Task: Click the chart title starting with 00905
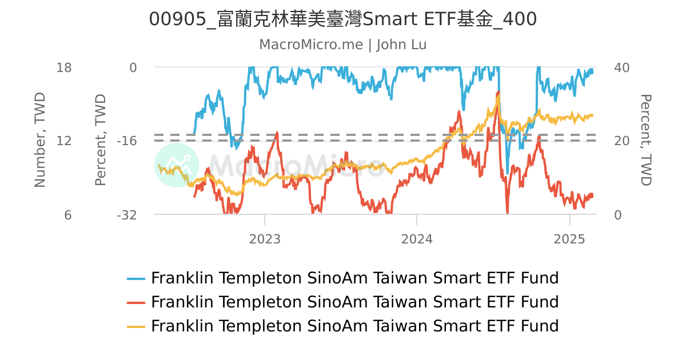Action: pos(343,19)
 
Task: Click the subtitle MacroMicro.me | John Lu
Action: pos(343,45)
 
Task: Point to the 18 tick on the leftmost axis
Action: pos(64,67)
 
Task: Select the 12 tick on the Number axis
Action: pos(64,141)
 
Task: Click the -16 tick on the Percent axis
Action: pos(127,141)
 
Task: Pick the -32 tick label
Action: pos(127,215)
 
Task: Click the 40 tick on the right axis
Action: pos(621,67)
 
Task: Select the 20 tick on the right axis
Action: pos(621,141)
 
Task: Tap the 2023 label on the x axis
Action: pos(265,238)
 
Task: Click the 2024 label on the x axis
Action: pos(417,238)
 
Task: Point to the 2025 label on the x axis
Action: pos(569,238)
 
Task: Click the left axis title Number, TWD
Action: pos(39,141)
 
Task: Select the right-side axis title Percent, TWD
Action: pos(645,141)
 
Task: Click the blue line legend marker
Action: pos(137,278)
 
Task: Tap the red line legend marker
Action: pos(137,302)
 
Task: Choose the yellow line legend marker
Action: pos(137,326)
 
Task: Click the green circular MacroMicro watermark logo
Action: pos(177,165)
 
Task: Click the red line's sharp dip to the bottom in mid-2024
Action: pos(507,213)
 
